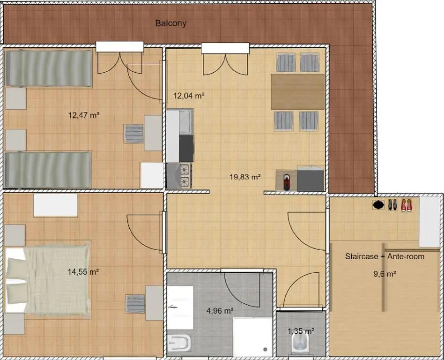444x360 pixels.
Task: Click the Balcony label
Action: (170, 23)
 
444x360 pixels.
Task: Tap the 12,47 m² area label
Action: (84, 115)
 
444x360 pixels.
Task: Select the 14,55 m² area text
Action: (83, 271)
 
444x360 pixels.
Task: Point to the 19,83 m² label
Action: (245, 177)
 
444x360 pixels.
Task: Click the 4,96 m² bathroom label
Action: (220, 310)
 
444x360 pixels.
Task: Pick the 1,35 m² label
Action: (300, 330)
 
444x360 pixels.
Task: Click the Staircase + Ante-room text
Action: (385, 256)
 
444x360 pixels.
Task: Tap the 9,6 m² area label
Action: (385, 274)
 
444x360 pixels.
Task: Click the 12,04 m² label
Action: (189, 96)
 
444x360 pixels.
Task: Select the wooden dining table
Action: (297, 91)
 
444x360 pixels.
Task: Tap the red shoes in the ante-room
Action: (406, 205)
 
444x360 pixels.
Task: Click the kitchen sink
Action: (186, 121)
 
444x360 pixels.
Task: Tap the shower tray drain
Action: (265, 349)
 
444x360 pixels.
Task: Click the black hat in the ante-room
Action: (378, 204)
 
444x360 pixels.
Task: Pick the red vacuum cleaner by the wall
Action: (287, 181)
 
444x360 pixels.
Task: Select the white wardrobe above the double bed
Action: (55, 205)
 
